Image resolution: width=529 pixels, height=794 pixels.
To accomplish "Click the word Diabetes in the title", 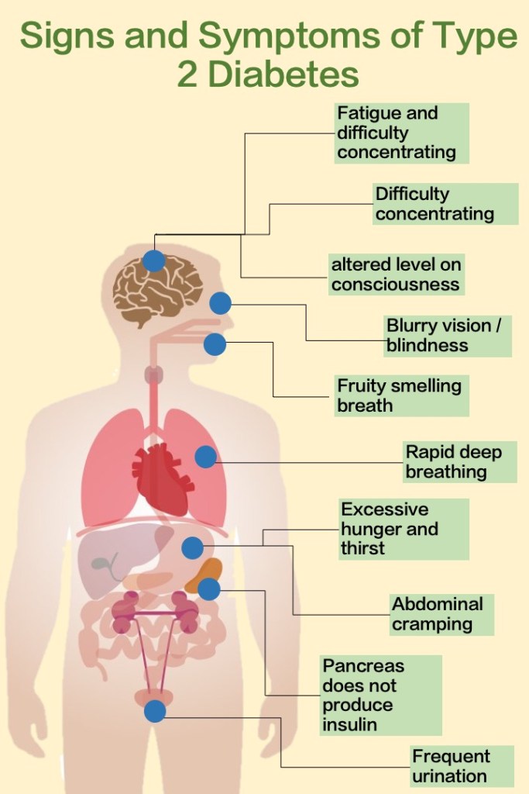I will (287, 74).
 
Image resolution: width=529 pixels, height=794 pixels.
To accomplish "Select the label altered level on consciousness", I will (396, 274).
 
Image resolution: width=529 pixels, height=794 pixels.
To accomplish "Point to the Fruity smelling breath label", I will (400, 395).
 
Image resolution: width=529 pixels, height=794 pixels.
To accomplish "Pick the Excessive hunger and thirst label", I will (404, 528).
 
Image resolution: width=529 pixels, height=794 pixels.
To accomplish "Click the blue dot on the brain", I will (154, 261).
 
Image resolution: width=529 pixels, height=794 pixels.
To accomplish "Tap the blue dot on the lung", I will (205, 457).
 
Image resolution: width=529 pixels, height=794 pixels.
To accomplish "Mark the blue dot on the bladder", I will (155, 711).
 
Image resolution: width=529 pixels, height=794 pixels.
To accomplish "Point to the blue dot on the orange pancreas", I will (209, 590).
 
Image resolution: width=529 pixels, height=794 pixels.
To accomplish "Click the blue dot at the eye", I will (221, 303).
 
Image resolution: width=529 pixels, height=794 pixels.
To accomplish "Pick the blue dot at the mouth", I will (215, 344).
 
